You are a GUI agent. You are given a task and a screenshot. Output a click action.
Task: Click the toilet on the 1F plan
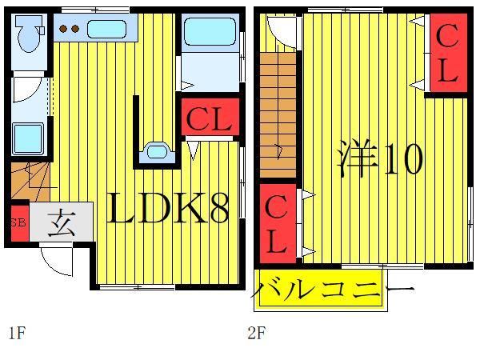(x=30, y=34)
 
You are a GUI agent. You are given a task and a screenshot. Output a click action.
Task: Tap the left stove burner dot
(x=63, y=30)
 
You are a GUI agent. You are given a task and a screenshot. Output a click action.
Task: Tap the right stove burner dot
(x=74, y=30)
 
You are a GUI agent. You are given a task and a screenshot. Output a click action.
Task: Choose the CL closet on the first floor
(x=209, y=120)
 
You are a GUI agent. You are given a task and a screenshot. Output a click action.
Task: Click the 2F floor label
(x=255, y=333)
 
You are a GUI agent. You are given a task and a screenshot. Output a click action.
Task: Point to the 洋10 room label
(x=378, y=160)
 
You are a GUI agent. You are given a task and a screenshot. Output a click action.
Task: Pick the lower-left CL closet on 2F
(x=276, y=226)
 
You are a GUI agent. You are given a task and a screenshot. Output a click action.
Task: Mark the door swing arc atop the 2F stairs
(x=281, y=30)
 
